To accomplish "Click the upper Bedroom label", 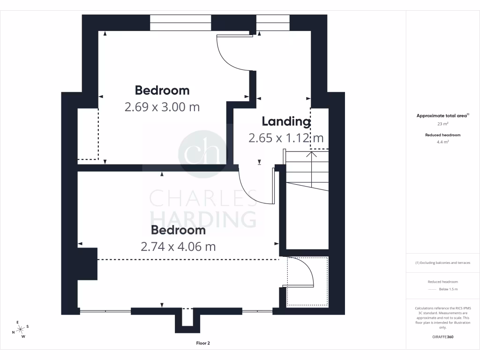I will point(162,90).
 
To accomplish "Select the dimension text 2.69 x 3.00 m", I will point(162,107).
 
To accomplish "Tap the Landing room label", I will point(286,121).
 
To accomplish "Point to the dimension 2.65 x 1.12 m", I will point(286,138).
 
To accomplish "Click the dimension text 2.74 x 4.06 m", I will point(178,246).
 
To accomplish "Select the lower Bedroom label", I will point(178,230).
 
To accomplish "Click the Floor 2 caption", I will point(203,343).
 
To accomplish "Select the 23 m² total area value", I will point(443,124).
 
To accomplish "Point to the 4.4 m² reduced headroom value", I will point(443,142).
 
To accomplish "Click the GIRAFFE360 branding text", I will point(443,337).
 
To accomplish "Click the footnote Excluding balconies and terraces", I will point(443,262).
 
